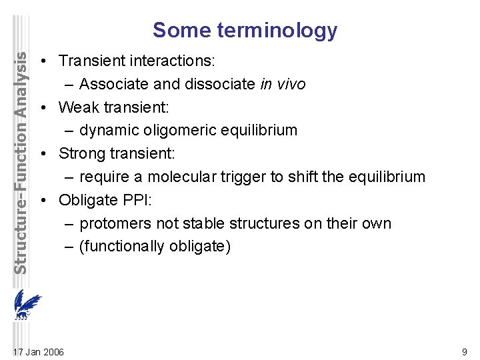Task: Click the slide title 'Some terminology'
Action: tap(245, 30)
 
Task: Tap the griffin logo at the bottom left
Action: tap(27, 306)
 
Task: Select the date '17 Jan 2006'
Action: tap(39, 351)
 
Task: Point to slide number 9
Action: tap(464, 351)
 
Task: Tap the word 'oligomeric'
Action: tap(177, 130)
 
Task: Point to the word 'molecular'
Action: tap(190, 177)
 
